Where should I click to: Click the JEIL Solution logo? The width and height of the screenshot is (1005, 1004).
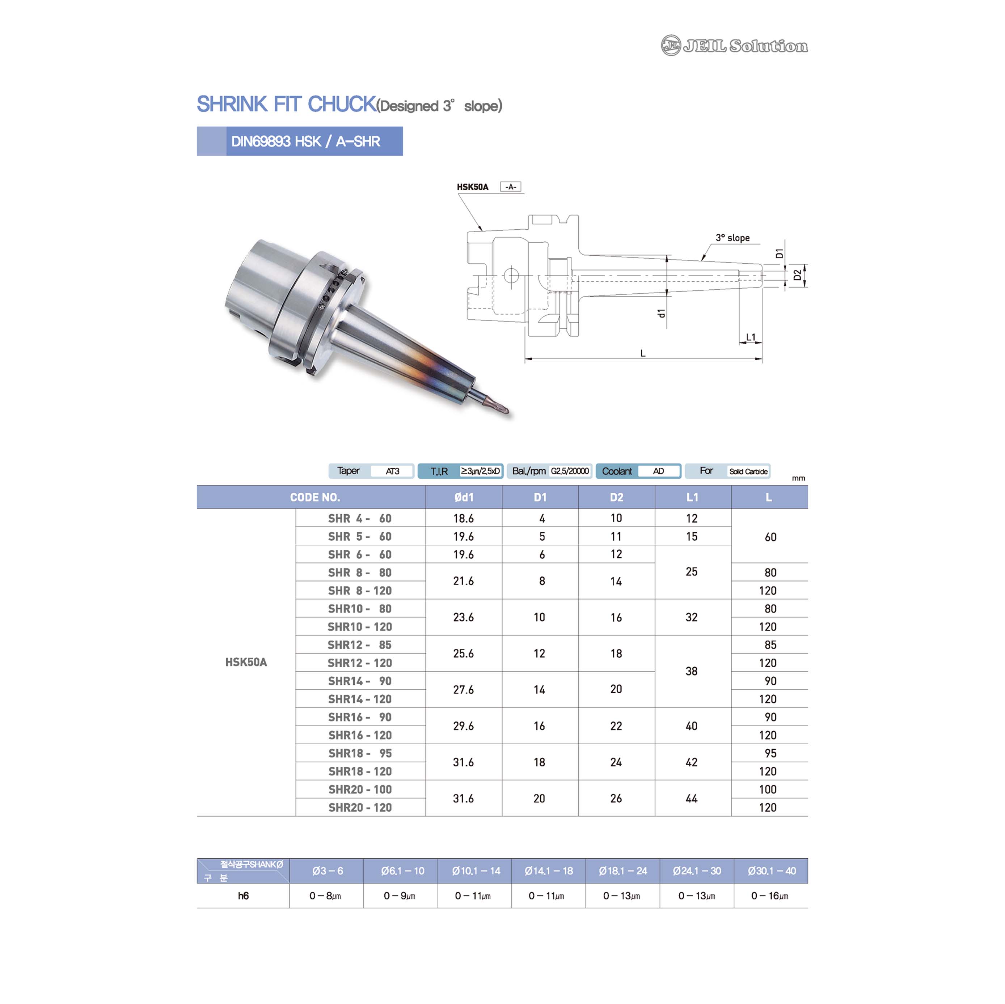click(x=734, y=46)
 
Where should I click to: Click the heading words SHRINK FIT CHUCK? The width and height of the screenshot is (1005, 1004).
click(x=287, y=104)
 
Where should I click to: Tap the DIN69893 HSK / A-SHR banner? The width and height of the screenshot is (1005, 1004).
click(x=300, y=141)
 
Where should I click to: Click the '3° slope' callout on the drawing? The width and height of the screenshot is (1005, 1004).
click(x=732, y=238)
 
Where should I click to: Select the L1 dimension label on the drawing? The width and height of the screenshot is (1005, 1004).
click(x=751, y=337)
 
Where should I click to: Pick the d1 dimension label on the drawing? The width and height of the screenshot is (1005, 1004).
click(x=661, y=313)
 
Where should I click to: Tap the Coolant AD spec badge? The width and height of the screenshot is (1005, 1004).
click(x=638, y=471)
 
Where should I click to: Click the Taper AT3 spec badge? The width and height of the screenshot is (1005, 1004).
click(x=371, y=471)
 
